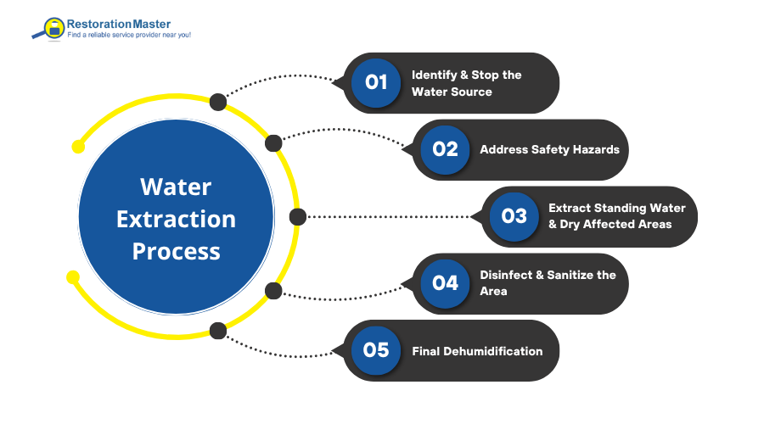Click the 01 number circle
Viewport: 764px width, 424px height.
click(x=376, y=82)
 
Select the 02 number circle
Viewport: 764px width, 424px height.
click(x=445, y=149)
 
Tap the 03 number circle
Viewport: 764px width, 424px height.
click(x=514, y=216)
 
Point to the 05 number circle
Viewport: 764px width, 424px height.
click(x=376, y=350)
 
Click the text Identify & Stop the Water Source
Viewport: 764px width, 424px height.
click(x=466, y=83)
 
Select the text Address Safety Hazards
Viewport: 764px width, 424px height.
click(x=549, y=149)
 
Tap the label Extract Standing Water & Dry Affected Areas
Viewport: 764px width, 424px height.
click(x=616, y=216)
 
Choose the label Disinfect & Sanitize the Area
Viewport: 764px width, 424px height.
click(x=548, y=283)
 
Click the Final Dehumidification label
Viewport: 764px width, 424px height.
click(x=477, y=350)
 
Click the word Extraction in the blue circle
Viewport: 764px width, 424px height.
click(x=176, y=219)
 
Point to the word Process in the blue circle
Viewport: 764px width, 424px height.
click(x=176, y=251)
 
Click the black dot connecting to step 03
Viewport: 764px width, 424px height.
click(x=297, y=216)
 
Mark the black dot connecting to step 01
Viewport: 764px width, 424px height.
click(x=217, y=102)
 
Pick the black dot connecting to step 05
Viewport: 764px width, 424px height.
click(x=217, y=330)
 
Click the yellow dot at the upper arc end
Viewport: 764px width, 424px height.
click(x=78, y=147)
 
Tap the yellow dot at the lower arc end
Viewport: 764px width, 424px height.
click(x=73, y=276)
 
